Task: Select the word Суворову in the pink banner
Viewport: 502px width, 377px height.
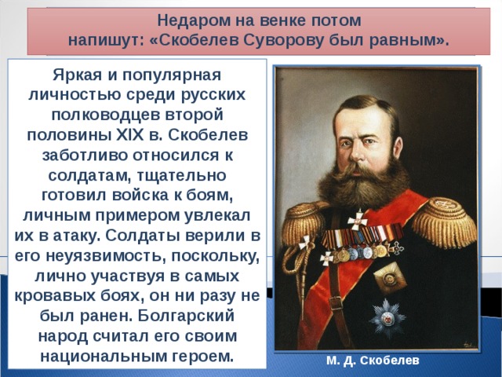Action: [x=282, y=41]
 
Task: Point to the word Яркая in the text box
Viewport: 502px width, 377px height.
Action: [x=77, y=75]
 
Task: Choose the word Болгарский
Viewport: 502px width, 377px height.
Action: [x=187, y=316]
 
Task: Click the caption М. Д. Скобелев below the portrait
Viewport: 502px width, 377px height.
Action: [x=373, y=361]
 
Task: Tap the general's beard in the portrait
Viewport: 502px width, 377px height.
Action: [x=363, y=185]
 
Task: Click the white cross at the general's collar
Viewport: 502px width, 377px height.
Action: [x=358, y=220]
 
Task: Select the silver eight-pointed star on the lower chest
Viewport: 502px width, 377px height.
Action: [x=387, y=318]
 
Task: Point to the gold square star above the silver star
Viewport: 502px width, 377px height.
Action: [x=390, y=277]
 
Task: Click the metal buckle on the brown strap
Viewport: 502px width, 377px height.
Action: [x=336, y=303]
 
